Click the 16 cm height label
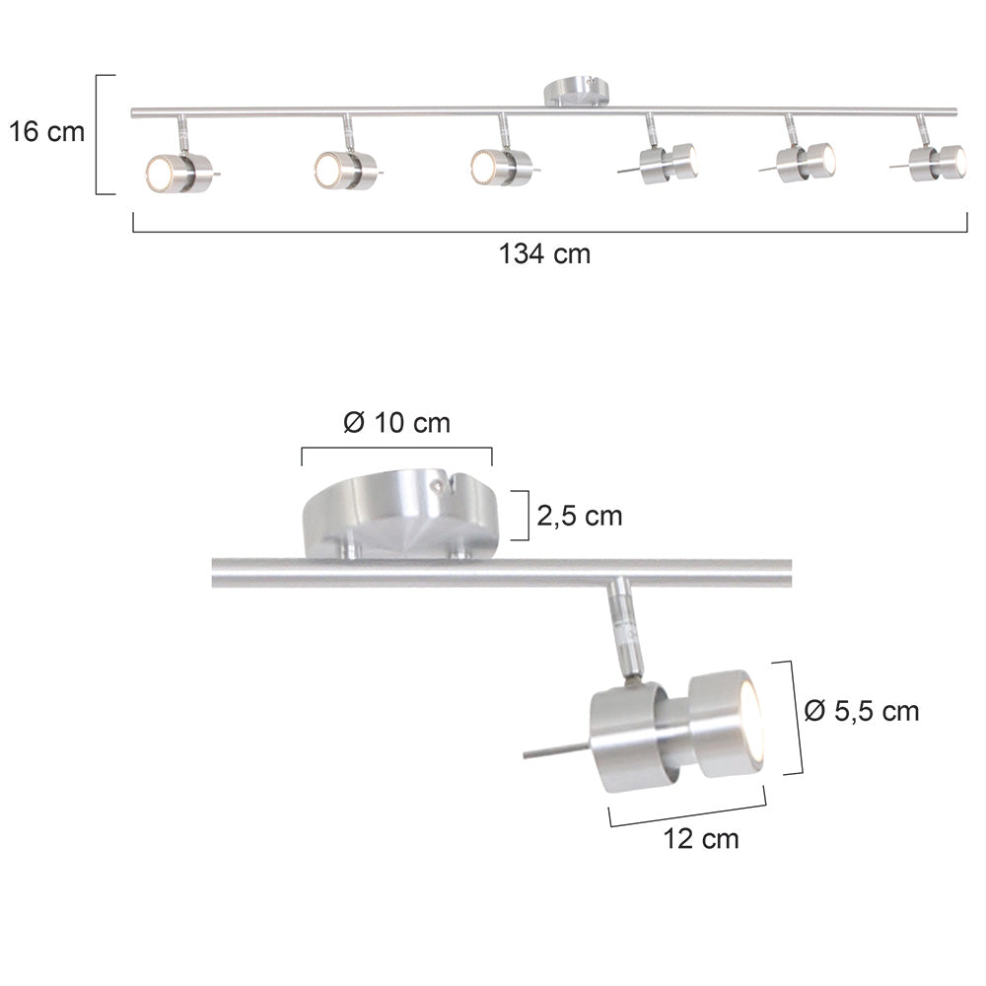point(47,132)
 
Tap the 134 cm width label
point(544,254)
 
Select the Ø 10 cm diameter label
point(396,424)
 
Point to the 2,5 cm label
point(580,516)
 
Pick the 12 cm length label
point(701,839)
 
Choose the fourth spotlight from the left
point(668,162)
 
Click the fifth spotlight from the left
point(805,161)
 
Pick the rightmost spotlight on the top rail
point(938,159)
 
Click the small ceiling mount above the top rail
point(577,91)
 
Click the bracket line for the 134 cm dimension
point(549,231)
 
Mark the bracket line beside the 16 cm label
point(99,134)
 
